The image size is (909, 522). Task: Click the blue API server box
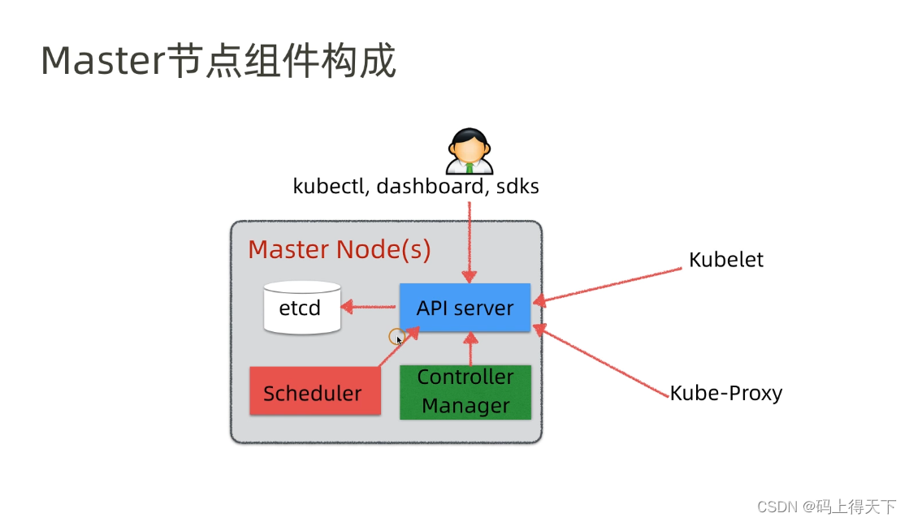click(465, 308)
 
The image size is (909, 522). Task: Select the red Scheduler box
click(314, 392)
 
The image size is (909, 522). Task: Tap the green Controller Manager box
click(465, 392)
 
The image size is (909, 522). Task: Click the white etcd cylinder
click(301, 308)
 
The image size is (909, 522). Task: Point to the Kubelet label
click(725, 260)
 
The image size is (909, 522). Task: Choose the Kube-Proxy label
click(725, 394)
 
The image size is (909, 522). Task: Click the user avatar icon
click(469, 151)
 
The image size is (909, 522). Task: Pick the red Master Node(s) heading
click(339, 249)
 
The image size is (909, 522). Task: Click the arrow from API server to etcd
click(370, 307)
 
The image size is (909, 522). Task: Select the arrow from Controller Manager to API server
click(470, 349)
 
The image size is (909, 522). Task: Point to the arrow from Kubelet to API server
click(609, 285)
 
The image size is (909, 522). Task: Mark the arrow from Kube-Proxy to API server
click(605, 362)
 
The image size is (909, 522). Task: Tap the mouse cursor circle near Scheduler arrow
click(396, 336)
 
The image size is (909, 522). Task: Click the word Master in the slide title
click(102, 61)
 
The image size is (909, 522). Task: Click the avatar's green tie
click(469, 168)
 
